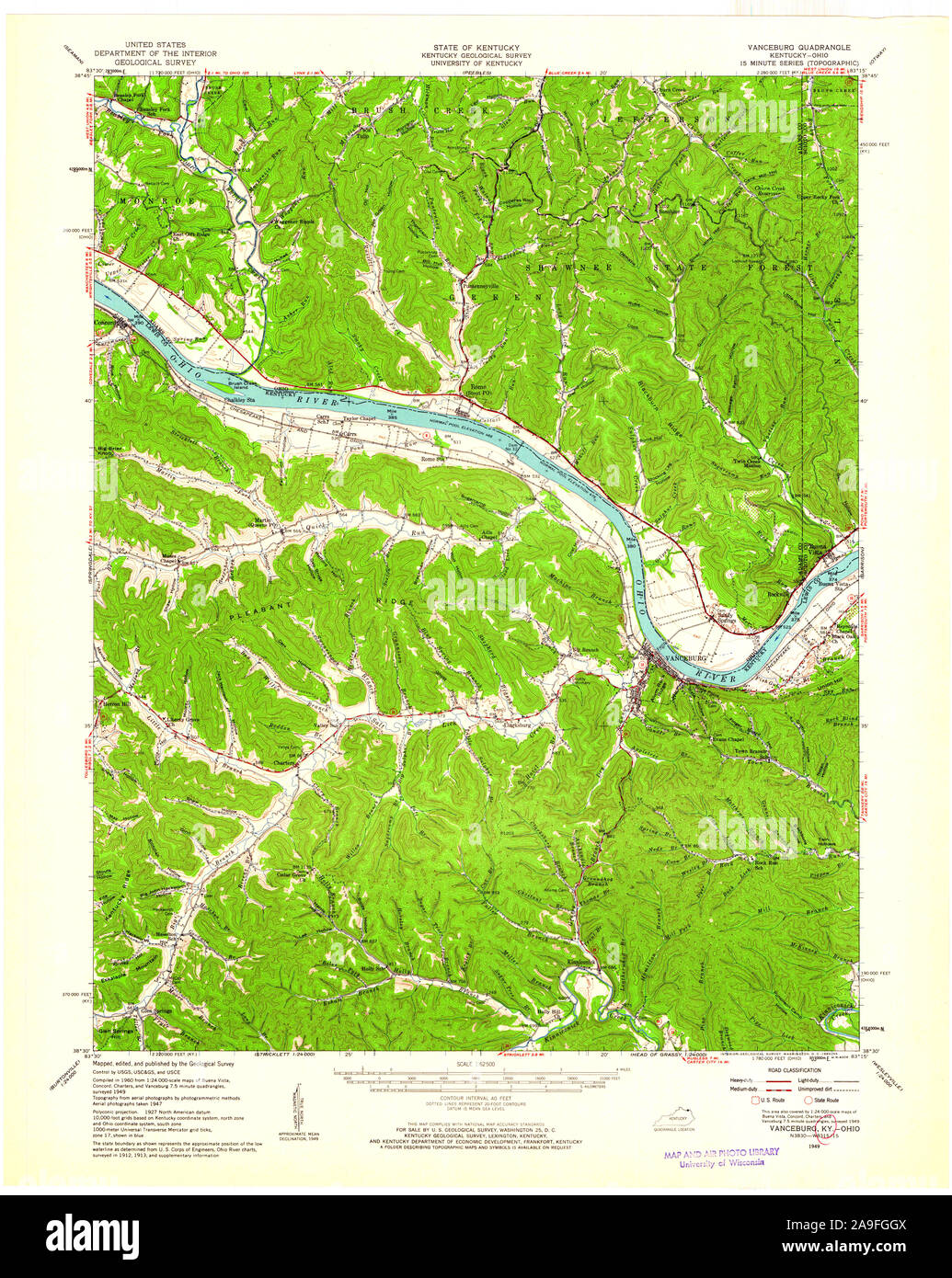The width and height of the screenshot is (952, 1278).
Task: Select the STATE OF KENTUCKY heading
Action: coord(476,46)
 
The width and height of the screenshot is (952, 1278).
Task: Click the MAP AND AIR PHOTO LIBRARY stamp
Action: coord(720,1152)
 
